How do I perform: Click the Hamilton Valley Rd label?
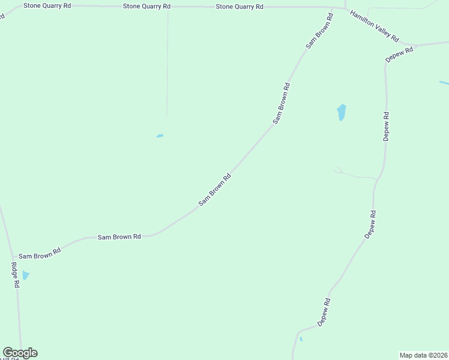click(375, 26)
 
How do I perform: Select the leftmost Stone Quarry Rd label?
click(47, 5)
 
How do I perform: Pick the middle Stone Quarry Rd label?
click(146, 6)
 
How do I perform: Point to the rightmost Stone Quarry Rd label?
click(240, 7)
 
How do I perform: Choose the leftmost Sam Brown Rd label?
click(40, 254)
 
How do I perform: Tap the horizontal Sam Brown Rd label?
click(119, 237)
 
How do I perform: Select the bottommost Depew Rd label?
click(324, 313)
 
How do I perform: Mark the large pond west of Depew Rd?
click(341, 112)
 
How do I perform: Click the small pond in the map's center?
click(160, 136)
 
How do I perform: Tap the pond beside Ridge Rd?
click(26, 275)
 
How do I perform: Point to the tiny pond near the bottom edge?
click(301, 340)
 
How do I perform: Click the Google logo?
click(20, 353)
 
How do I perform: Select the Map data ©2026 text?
click(424, 355)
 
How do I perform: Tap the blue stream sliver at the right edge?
click(444, 82)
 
